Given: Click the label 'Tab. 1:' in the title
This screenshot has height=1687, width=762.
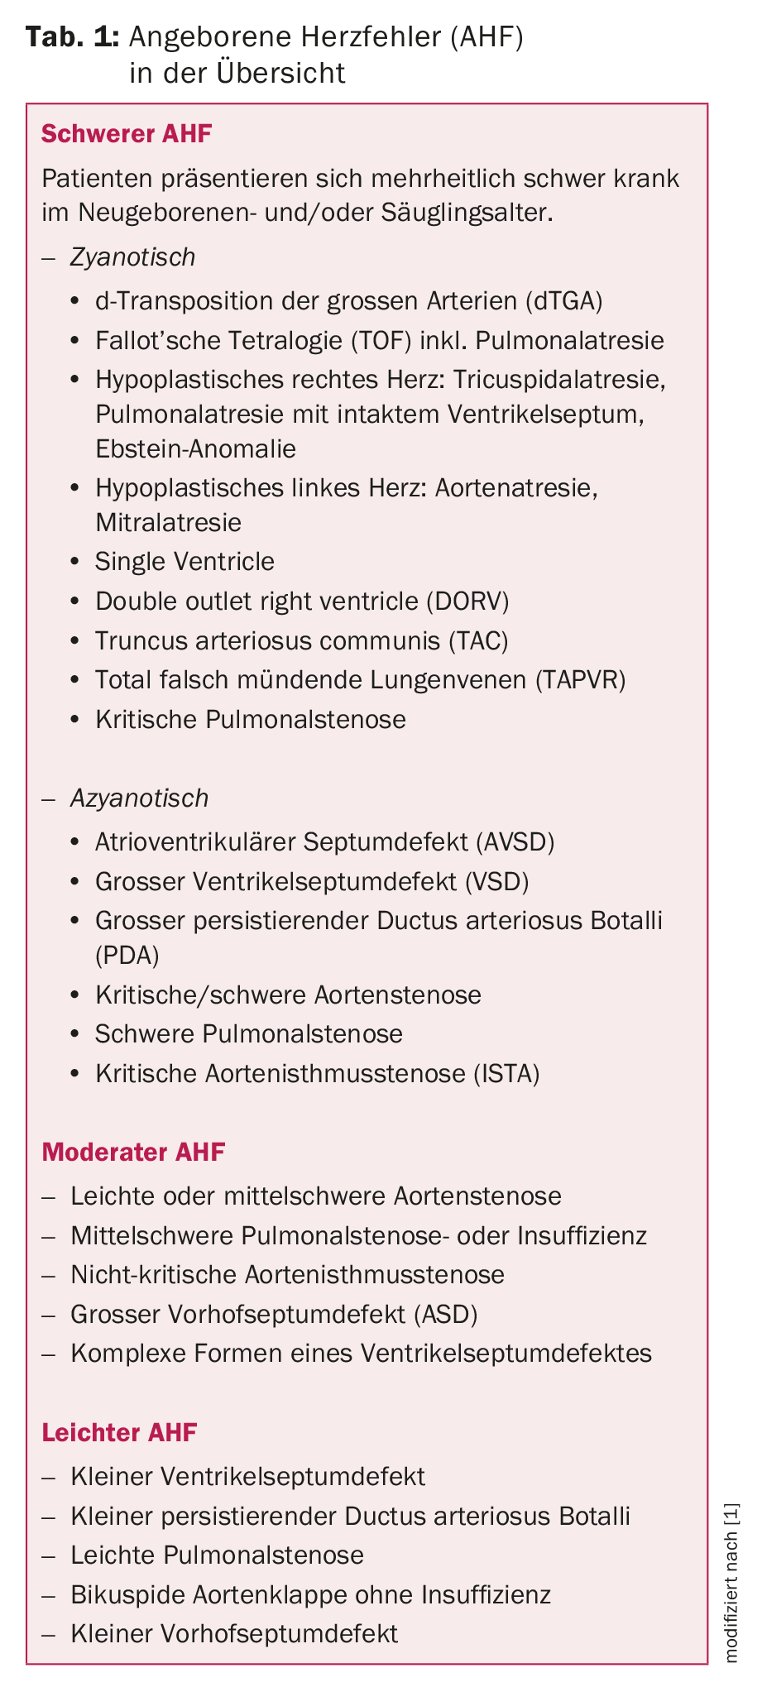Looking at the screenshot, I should pyautogui.click(x=74, y=37).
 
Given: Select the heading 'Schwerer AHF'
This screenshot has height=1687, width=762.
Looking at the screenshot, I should pyautogui.click(x=127, y=134).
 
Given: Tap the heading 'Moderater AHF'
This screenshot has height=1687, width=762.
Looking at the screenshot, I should pyautogui.click(x=133, y=1152).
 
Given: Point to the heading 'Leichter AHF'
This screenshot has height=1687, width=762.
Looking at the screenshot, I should pyautogui.click(x=119, y=1432).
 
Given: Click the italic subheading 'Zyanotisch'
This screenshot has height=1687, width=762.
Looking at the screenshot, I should pyautogui.click(x=132, y=257).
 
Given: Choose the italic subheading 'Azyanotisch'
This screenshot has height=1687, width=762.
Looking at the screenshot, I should pyautogui.click(x=139, y=798).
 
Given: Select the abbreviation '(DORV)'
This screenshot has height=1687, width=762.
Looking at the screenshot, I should pyautogui.click(x=468, y=601).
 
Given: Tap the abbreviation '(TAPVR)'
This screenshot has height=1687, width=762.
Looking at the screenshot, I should pyautogui.click(x=580, y=679).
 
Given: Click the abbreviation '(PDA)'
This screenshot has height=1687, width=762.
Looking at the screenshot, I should pyautogui.click(x=127, y=955).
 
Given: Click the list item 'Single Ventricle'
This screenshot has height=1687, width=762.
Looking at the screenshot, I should pyautogui.click(x=185, y=562).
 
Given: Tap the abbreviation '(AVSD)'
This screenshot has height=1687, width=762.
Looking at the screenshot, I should pyautogui.click(x=515, y=841).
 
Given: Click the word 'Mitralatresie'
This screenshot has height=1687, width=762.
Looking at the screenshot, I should pyautogui.click(x=168, y=522).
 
